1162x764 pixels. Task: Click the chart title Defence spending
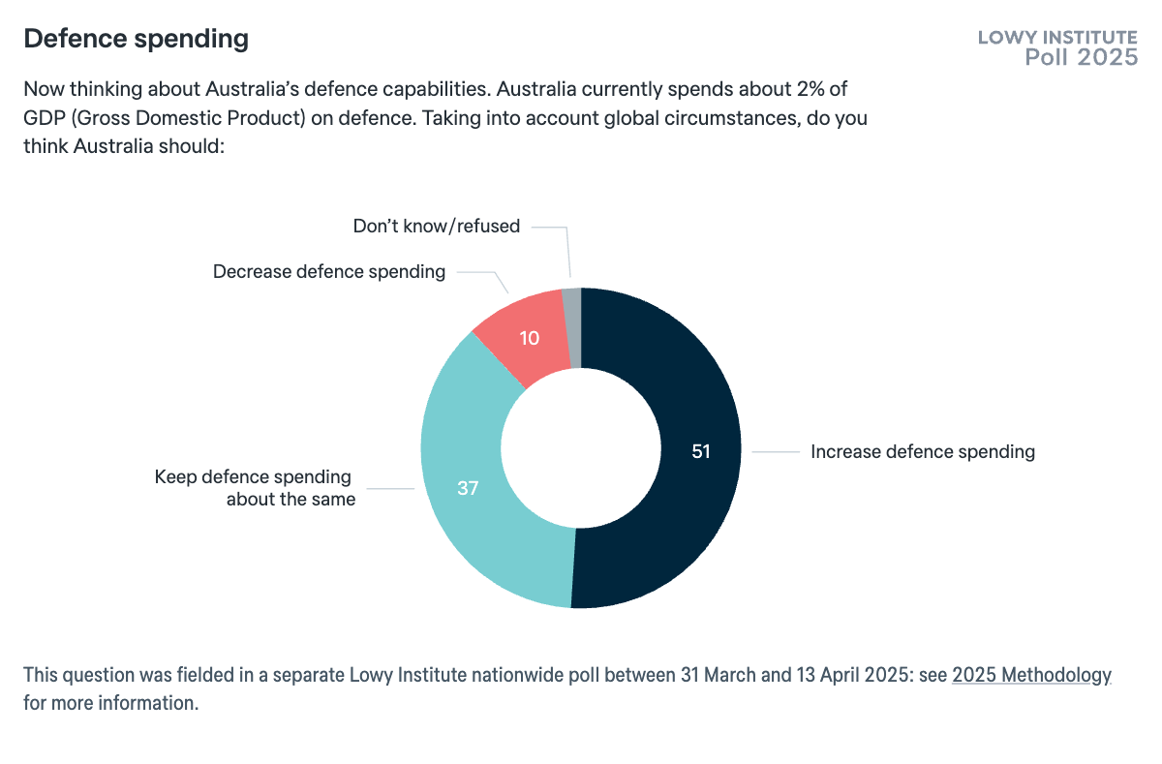pos(136,39)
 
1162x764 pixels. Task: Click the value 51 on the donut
pos(701,451)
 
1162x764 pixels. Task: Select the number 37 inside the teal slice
pos(468,489)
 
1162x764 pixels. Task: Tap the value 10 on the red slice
pos(529,338)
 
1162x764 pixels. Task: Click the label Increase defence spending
pos(922,451)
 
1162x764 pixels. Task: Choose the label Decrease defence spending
pos(329,272)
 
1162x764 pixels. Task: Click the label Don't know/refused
pos(436,227)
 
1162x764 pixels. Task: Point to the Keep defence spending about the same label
pos(255,488)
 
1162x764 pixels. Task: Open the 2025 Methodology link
pos(1031,676)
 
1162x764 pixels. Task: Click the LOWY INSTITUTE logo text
pos(1057,38)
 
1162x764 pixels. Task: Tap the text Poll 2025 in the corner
pos(1082,58)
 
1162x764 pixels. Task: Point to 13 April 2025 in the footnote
pos(871,676)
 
